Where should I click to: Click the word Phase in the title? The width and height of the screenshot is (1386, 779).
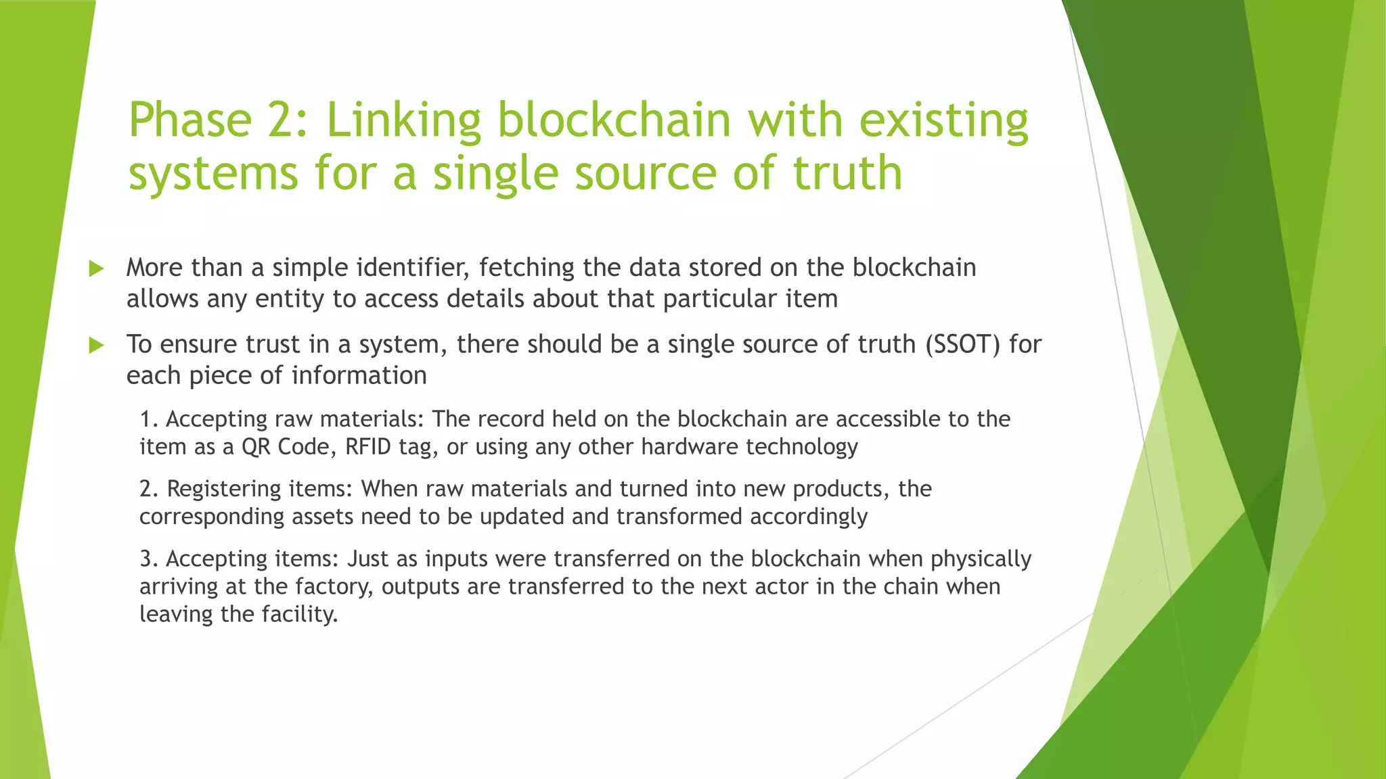pyautogui.click(x=190, y=120)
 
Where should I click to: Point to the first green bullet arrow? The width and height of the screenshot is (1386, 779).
pyautogui.click(x=96, y=269)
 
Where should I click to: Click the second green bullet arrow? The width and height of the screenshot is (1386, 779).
pyautogui.click(x=96, y=346)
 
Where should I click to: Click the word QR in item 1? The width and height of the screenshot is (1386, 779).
pyautogui.click(x=256, y=447)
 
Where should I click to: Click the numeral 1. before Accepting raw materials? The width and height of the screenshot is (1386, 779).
pyautogui.click(x=149, y=419)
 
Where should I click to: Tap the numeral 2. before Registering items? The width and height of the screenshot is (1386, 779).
pyautogui.click(x=149, y=489)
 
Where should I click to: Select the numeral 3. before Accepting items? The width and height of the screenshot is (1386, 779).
pyautogui.click(x=149, y=559)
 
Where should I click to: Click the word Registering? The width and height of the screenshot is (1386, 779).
pyautogui.click(x=224, y=489)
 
